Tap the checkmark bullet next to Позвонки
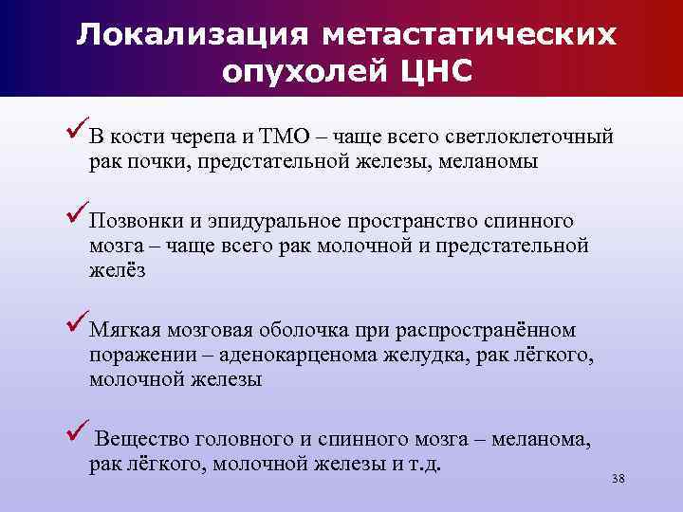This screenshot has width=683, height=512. [78, 215]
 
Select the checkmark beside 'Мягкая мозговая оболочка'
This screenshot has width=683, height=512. [78, 324]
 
